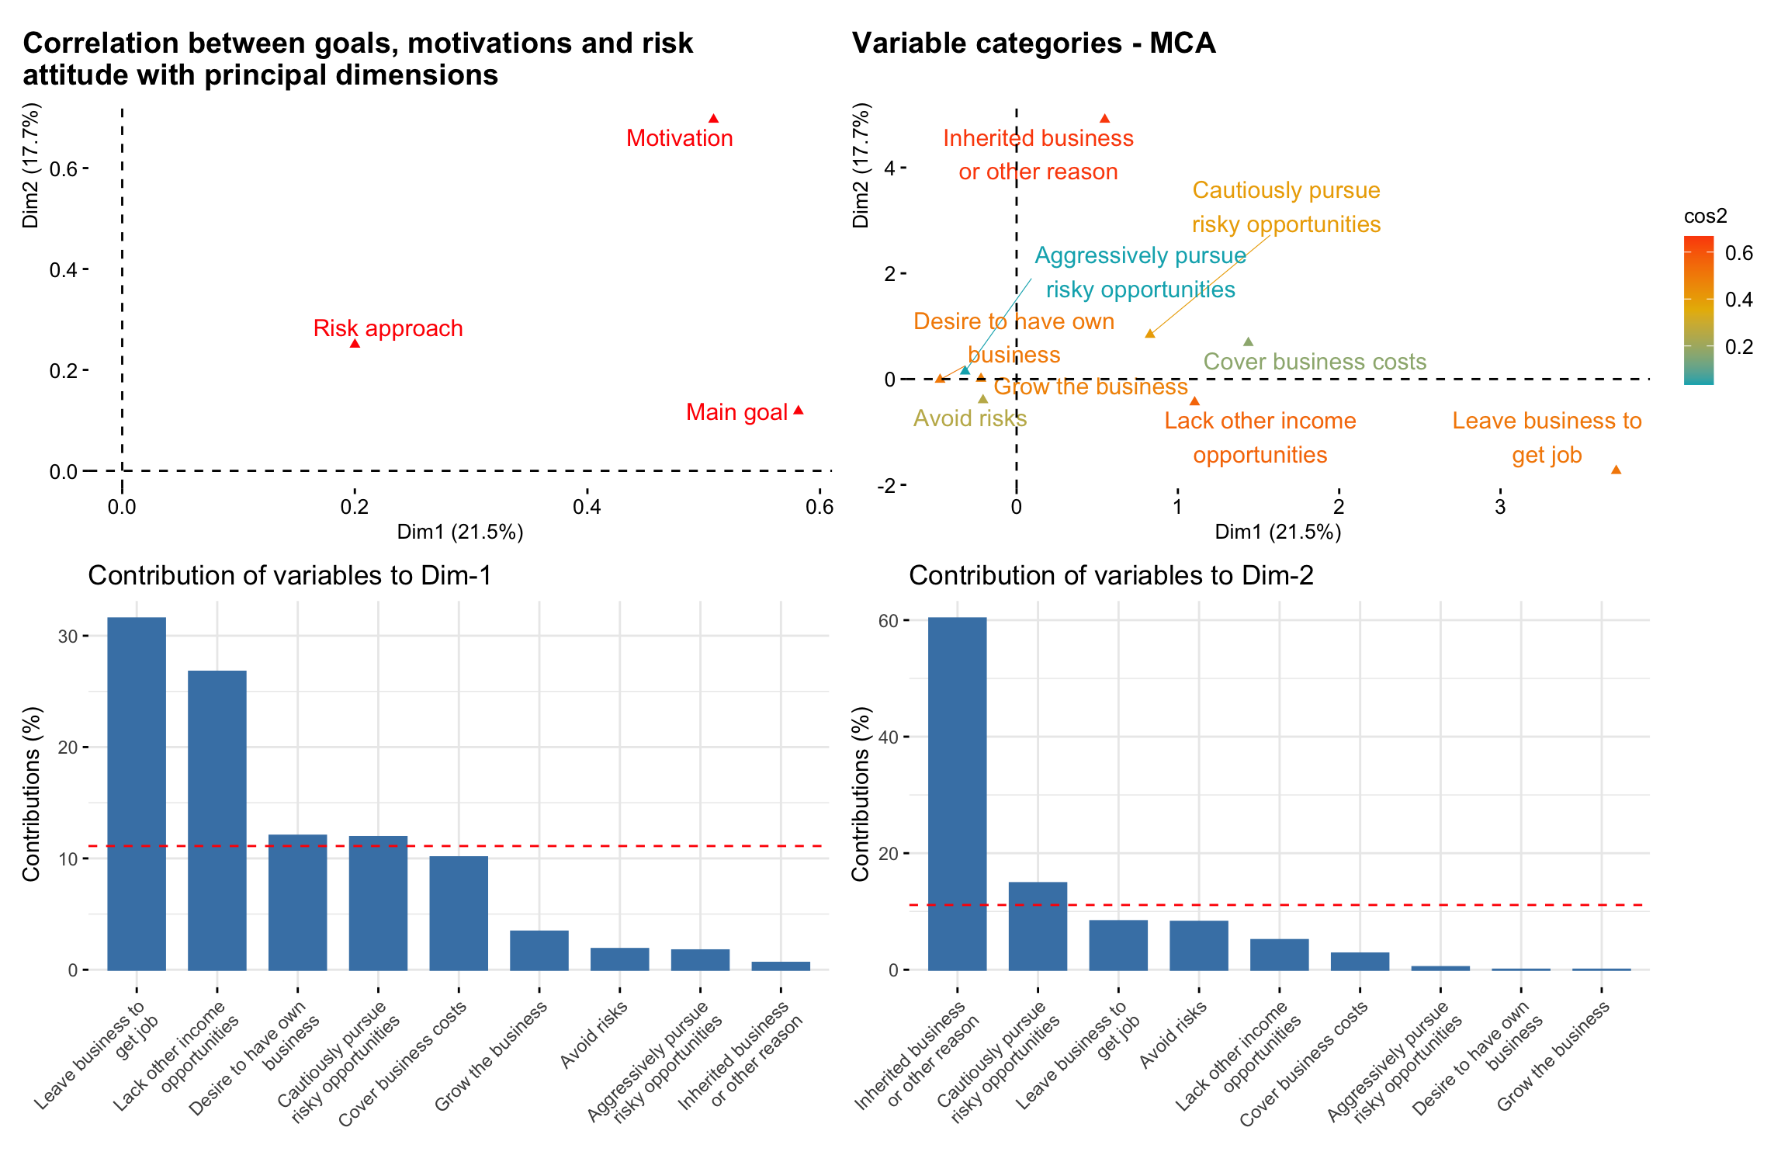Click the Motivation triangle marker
(x=713, y=119)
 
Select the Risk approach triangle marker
(x=355, y=343)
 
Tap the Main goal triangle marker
(x=798, y=410)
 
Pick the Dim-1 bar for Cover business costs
(x=459, y=913)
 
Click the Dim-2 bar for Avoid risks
(x=1198, y=945)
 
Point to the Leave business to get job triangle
(x=1616, y=470)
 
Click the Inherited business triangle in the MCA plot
(x=1104, y=119)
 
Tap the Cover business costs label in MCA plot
(x=1315, y=362)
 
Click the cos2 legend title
(x=1705, y=216)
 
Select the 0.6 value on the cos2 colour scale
(x=1739, y=253)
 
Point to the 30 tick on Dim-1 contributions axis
(x=68, y=636)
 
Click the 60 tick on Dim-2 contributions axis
(x=888, y=621)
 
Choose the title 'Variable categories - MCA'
(x=1033, y=43)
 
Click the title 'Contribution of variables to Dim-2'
(x=1111, y=575)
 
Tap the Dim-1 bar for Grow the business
(x=539, y=950)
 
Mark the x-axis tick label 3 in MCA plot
(x=1500, y=508)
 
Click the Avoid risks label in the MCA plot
(x=970, y=418)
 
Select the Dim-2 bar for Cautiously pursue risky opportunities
(x=1038, y=925)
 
